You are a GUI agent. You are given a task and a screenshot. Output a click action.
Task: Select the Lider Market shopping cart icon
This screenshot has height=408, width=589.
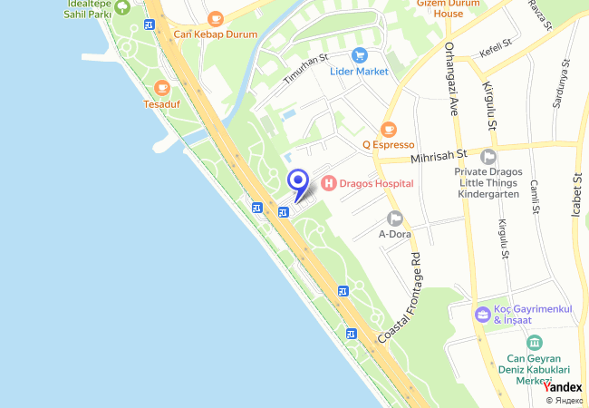point(360,55)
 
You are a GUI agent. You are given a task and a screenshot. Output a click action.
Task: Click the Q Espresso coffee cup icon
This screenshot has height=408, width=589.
point(389,129)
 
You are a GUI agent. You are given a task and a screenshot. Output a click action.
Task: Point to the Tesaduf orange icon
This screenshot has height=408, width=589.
point(162,88)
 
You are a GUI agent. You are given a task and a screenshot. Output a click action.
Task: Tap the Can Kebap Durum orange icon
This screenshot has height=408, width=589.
point(215,19)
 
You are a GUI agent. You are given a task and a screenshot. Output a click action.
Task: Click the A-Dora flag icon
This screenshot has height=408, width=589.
point(394,218)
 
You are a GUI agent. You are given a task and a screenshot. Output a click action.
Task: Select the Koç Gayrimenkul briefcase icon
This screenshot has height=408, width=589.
point(483,315)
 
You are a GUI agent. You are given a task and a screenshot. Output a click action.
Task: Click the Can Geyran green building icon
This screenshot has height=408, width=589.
point(535,343)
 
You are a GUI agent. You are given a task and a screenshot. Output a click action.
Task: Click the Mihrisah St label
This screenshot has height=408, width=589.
point(437,156)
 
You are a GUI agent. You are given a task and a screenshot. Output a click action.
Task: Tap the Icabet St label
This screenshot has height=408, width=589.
point(576,195)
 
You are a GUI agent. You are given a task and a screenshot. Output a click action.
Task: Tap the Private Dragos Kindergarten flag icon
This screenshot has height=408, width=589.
point(488,156)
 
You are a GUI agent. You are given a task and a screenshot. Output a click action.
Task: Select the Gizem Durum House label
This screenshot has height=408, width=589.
point(447,8)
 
